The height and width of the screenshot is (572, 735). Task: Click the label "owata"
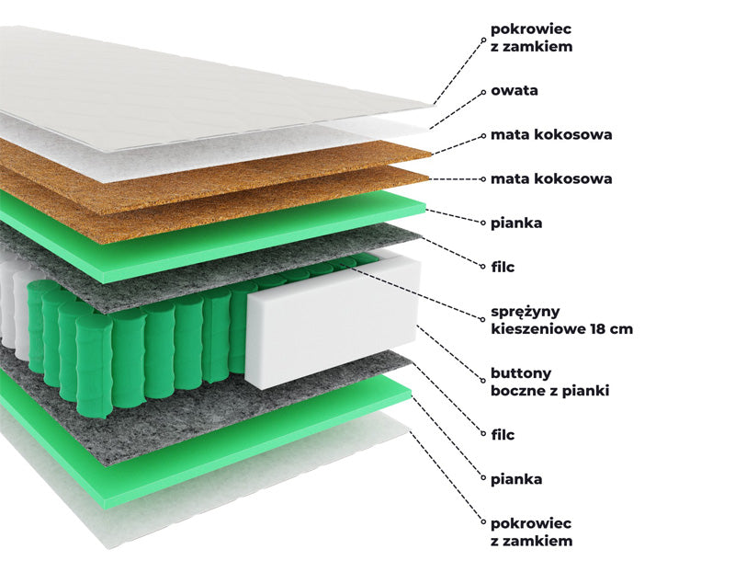point(514,90)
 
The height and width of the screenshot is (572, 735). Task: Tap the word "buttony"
point(521,373)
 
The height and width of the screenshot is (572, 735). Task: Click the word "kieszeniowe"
point(538,328)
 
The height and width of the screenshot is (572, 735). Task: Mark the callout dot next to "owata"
point(483,92)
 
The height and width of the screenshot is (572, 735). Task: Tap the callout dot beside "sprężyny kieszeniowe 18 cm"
point(483,319)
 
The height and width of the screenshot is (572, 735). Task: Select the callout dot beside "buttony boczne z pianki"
point(483,381)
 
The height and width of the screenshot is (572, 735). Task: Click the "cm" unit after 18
point(623,329)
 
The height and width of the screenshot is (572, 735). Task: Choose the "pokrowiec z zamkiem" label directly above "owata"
point(532,38)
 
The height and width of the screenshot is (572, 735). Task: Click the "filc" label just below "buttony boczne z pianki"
point(503,434)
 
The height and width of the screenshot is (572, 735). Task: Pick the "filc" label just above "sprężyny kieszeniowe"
point(503,267)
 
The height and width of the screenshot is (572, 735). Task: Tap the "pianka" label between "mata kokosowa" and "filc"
point(516,223)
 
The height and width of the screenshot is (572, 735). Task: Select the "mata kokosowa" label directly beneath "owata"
point(551,134)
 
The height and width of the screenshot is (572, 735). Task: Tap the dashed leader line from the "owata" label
point(456,110)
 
